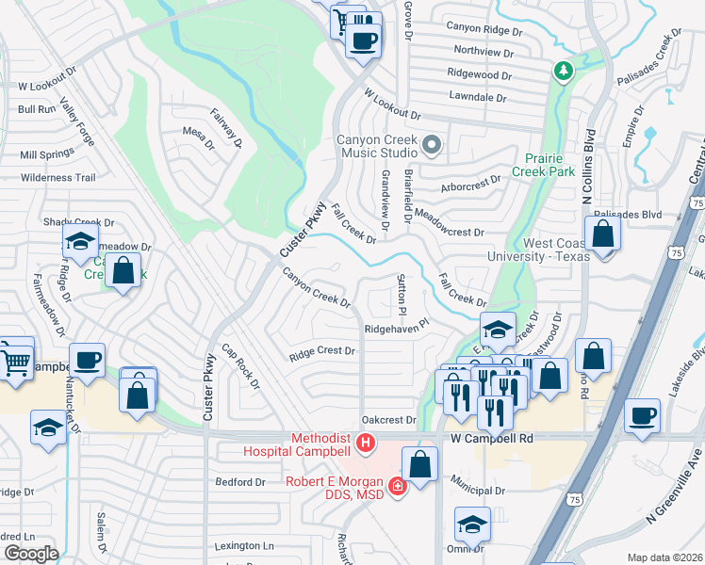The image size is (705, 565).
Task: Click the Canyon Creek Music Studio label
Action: (378, 145)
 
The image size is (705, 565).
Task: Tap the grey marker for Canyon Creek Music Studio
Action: (432, 144)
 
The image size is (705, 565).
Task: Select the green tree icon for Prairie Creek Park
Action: (563, 72)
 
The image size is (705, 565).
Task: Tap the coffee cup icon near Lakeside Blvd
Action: (643, 415)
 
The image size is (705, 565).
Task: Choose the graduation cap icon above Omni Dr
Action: (472, 524)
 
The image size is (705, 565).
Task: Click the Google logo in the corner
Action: (31, 554)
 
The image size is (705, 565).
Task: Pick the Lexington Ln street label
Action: (243, 546)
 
